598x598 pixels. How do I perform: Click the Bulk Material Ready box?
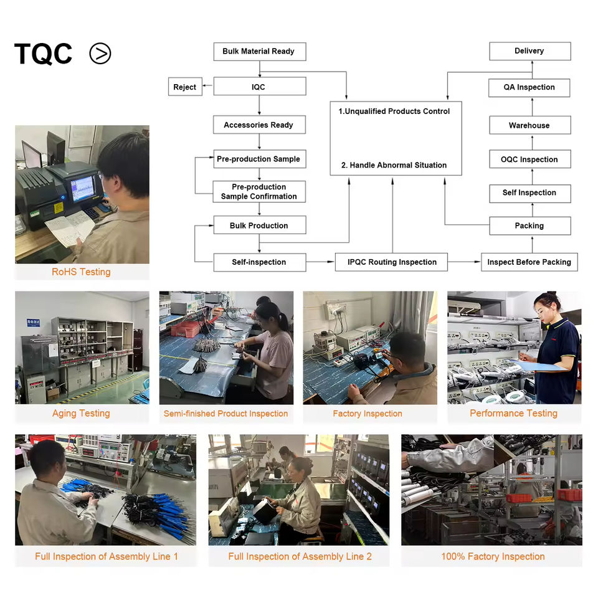point(259,51)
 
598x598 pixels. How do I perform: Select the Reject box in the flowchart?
point(184,87)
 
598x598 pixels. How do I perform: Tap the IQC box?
point(259,87)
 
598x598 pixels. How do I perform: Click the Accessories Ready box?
point(259,125)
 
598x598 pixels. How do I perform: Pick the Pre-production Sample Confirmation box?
point(259,192)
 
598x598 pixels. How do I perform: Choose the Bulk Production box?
point(259,225)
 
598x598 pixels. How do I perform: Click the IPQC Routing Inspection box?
point(392,262)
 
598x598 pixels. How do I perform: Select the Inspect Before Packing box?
point(529,262)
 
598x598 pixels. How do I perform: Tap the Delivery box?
point(529,51)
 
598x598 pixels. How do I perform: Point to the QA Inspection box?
point(529,87)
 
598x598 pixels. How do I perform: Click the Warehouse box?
point(529,125)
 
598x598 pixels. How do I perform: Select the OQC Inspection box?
point(529,159)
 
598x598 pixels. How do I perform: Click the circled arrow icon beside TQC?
point(100,54)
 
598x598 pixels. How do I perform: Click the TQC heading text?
point(43,54)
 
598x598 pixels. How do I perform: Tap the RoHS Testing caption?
point(81,272)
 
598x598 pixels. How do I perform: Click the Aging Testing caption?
point(81,414)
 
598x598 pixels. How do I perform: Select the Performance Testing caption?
point(513,414)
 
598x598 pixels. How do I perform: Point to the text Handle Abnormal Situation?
point(394,165)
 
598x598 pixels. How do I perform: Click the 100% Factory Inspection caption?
point(493,556)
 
